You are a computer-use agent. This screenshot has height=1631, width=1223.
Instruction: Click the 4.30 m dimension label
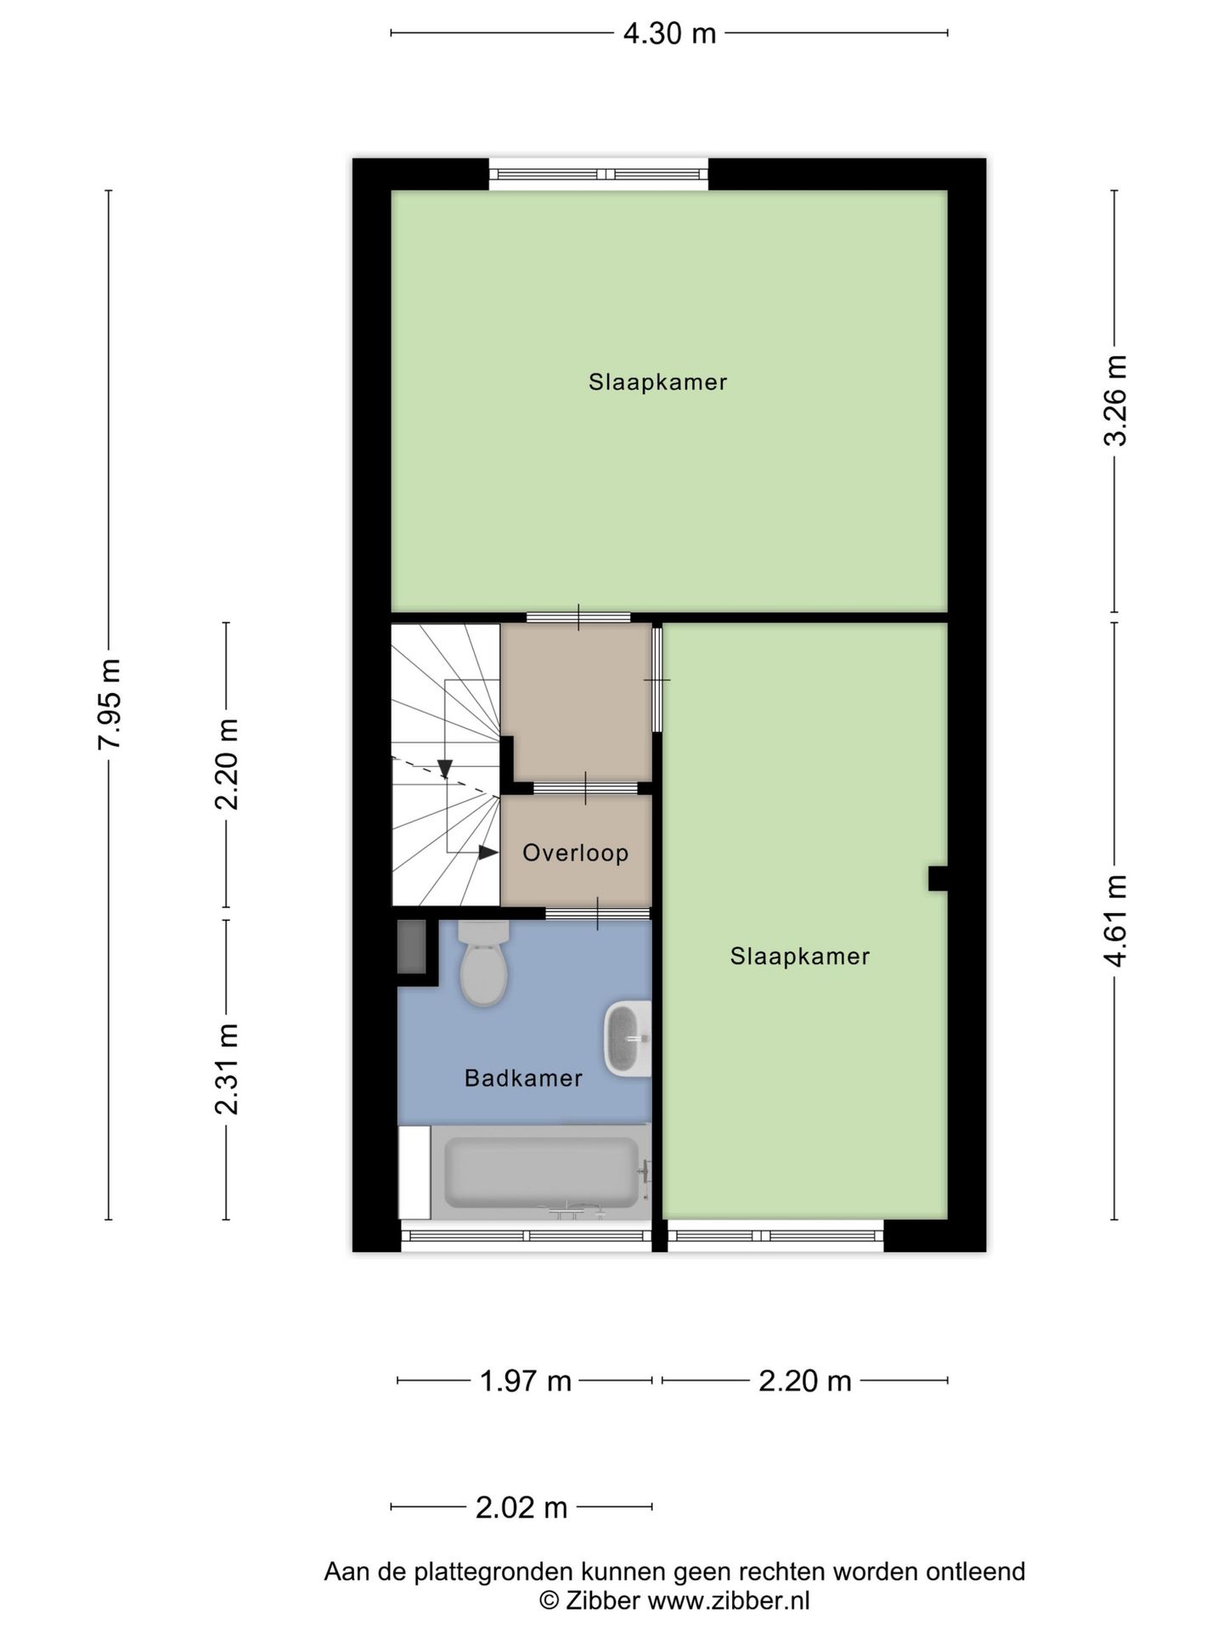tap(669, 34)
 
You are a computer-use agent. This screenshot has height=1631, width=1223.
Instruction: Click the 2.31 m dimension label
tap(227, 1069)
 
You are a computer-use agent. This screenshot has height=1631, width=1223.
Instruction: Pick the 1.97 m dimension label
tap(526, 1381)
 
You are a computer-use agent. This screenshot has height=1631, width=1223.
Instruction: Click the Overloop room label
tap(575, 853)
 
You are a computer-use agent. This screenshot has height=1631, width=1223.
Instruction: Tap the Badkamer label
tap(523, 1079)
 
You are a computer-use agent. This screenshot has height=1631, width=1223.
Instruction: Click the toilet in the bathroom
tap(483, 963)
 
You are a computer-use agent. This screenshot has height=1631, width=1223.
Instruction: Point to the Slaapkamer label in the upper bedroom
tap(658, 382)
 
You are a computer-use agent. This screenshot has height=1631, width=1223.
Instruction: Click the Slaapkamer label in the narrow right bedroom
tap(800, 957)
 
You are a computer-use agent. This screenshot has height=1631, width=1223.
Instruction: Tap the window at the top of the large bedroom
tap(599, 174)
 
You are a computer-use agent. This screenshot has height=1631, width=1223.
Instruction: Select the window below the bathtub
tap(526, 1236)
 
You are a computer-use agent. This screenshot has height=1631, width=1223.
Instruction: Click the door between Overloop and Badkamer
tap(597, 913)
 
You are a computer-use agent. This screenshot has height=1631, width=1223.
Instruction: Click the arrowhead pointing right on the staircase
tap(488, 852)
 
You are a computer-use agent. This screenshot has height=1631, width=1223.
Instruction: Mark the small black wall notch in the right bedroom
tap(938, 878)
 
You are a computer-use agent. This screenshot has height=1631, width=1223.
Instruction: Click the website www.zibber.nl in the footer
tap(729, 1601)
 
